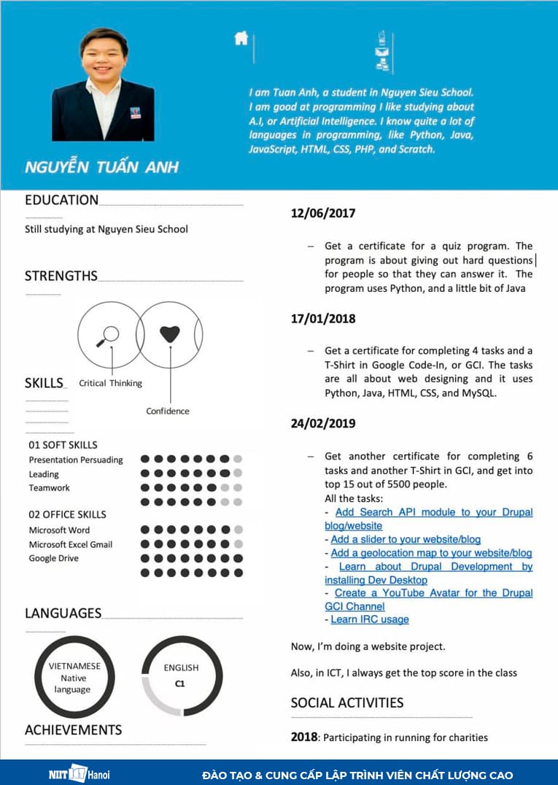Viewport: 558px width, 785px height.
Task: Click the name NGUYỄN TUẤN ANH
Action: pyautogui.click(x=101, y=166)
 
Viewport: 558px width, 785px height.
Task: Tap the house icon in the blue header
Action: pyautogui.click(x=241, y=39)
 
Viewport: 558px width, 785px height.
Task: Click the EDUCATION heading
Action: pyautogui.click(x=61, y=200)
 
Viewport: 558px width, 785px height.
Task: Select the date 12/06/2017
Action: pyautogui.click(x=323, y=213)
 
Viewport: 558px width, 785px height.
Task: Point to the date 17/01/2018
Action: pyautogui.click(x=323, y=318)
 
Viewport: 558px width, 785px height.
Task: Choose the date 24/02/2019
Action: pyautogui.click(x=323, y=423)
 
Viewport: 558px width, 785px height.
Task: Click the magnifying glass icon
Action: pyautogui.click(x=107, y=336)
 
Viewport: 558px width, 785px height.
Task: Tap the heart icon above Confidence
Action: pyautogui.click(x=169, y=334)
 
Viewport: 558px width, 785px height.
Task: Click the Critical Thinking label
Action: pyautogui.click(x=110, y=383)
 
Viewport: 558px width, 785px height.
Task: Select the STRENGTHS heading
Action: pyautogui.click(x=61, y=276)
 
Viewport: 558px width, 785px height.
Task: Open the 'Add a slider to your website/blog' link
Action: pyautogui.click(x=406, y=539)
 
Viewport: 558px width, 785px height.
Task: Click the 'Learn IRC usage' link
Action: pyautogui.click(x=370, y=619)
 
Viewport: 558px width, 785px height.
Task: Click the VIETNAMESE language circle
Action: pyautogui.click(x=74, y=677)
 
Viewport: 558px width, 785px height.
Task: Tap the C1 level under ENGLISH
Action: pyautogui.click(x=181, y=684)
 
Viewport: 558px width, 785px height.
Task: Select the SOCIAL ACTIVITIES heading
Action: pyautogui.click(x=347, y=703)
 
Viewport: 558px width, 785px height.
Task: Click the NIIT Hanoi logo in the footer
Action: pyautogui.click(x=74, y=773)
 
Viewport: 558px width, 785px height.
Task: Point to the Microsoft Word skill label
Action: pyautogui.click(x=59, y=530)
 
